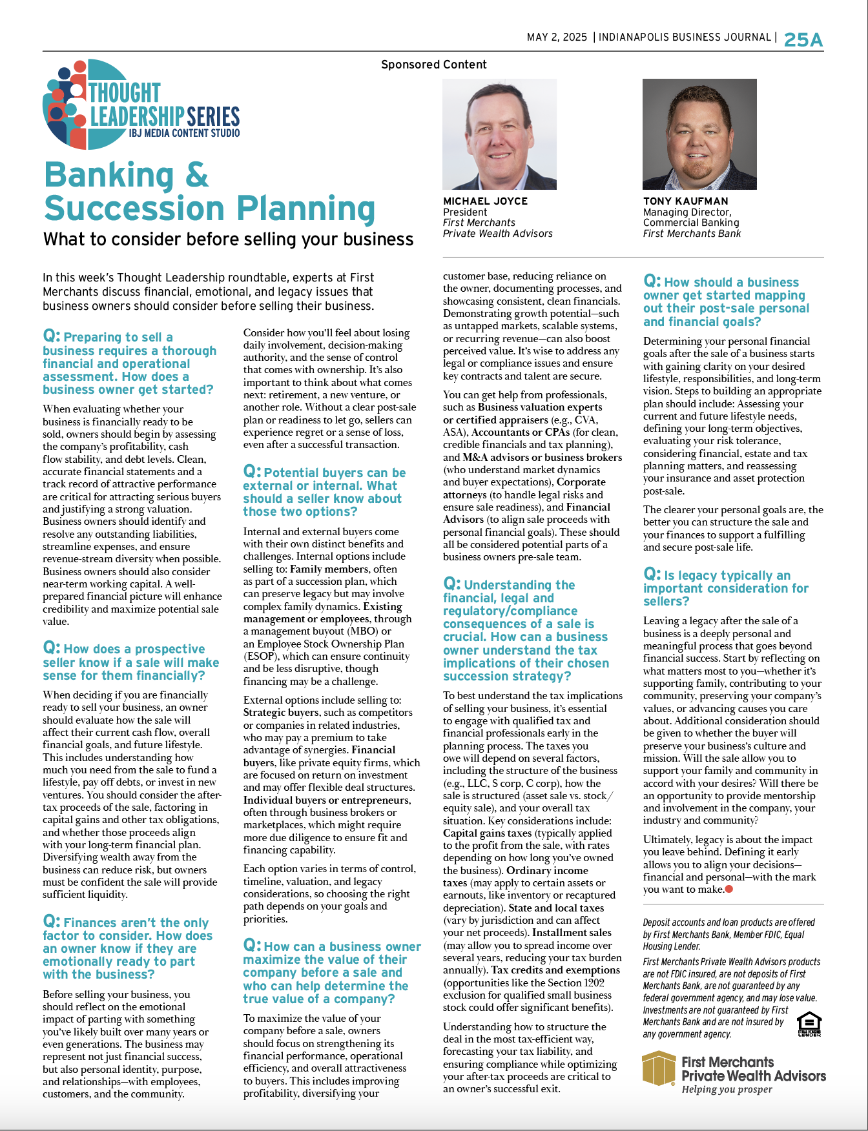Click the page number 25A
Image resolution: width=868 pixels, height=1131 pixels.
coord(803,40)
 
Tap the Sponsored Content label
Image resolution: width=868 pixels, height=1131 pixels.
coord(433,65)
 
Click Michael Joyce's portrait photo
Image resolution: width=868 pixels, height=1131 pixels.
coord(499,134)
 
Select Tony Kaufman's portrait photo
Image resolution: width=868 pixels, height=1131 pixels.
coord(699,134)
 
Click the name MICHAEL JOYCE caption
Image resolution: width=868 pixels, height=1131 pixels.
coord(485,201)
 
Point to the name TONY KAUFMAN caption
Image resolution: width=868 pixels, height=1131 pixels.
coord(685,201)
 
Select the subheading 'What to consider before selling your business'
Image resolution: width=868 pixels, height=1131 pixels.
coord(228,239)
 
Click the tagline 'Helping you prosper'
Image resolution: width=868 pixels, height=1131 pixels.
coord(727,1090)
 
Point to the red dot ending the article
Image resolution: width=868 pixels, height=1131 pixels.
coord(729,890)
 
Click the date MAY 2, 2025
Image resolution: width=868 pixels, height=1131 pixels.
coord(557,37)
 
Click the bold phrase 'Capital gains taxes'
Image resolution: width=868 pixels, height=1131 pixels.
coord(487,833)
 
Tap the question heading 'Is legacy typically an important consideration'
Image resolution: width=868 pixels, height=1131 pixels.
coord(725,588)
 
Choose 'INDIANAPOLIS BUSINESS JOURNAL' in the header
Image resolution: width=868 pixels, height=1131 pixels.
coord(685,37)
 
